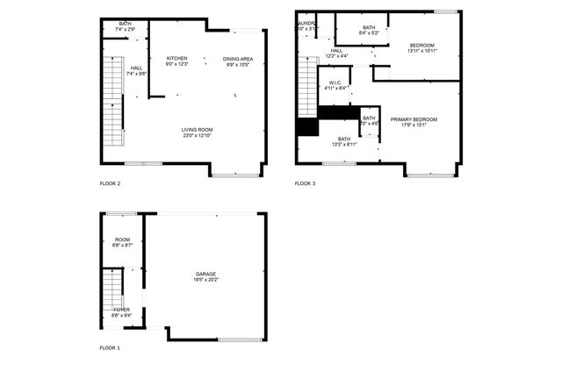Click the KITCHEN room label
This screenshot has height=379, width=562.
point(177,59)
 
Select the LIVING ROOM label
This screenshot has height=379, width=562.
point(198,130)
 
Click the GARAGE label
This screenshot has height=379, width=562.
point(205,274)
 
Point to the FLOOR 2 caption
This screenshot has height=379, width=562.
point(110,183)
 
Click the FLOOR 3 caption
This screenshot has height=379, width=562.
point(305,183)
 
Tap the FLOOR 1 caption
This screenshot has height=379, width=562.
point(110,348)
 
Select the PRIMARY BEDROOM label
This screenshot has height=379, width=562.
point(413,118)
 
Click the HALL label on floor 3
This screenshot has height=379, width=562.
point(336,50)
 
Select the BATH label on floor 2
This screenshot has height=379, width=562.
point(126,24)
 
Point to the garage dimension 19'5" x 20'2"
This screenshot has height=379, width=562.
point(205,280)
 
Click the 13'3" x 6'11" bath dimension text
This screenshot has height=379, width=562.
point(344,144)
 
